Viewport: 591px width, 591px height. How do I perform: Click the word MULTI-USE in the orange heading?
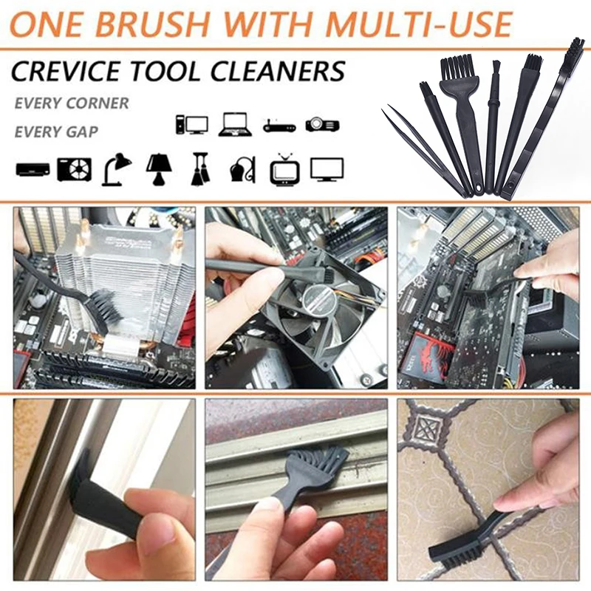[x=418, y=24]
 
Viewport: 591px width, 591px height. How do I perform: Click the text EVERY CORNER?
[x=72, y=103]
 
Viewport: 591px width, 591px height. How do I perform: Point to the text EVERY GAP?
[x=56, y=131]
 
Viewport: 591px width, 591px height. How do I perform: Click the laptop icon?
[x=235, y=124]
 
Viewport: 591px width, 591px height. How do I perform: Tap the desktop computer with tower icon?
[x=192, y=125]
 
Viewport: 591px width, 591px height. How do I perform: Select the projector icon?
[x=322, y=124]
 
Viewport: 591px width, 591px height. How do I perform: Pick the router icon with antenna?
[x=279, y=126]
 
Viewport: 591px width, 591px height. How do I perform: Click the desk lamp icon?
[x=117, y=169]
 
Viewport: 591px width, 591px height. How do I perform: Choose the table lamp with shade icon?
[x=159, y=169]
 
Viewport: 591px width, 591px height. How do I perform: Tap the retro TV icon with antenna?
[x=285, y=169]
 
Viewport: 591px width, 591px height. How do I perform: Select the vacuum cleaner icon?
[x=243, y=170]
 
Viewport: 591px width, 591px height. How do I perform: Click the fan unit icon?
[x=75, y=170]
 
